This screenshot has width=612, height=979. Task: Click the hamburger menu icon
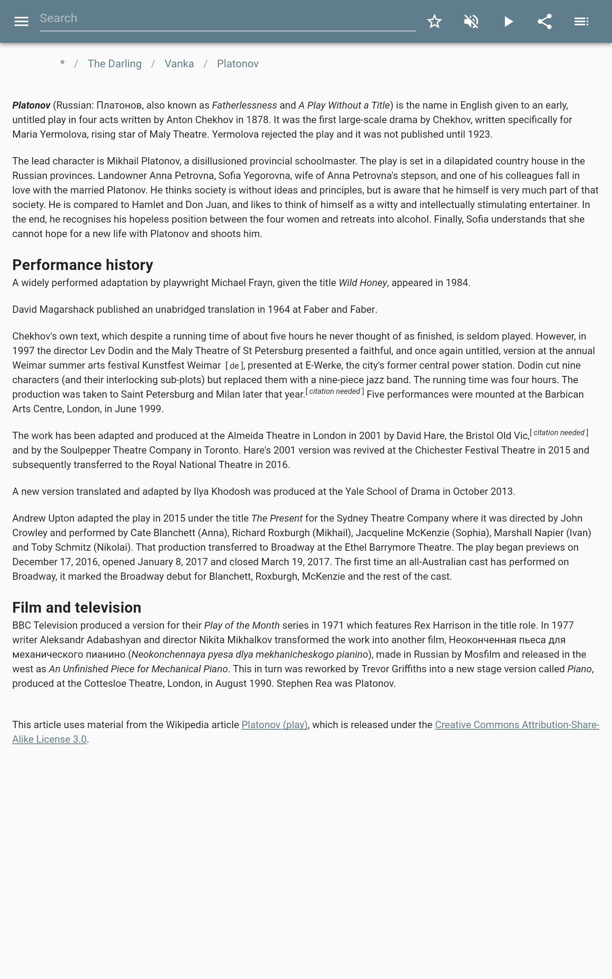pos(21,21)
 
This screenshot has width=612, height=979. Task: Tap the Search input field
pos(228,19)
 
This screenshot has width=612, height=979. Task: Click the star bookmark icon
pos(434,21)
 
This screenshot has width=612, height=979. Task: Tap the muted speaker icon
pos(471,21)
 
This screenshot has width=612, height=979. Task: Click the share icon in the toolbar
pos(545,21)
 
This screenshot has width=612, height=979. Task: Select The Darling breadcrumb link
pos(114,64)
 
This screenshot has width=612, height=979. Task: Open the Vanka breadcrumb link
pos(179,64)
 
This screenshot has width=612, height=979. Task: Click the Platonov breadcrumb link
pos(238,64)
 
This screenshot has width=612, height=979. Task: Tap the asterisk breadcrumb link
pos(62,63)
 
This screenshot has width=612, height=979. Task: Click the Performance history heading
pos(83,265)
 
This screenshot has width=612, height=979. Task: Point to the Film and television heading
pos(76,608)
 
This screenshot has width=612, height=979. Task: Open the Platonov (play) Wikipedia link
pos(274,725)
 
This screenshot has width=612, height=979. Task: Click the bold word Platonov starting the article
pos(31,106)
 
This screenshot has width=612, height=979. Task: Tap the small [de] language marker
pos(234,366)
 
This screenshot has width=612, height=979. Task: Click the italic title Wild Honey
pos(363,283)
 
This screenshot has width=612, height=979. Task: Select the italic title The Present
pos(277,519)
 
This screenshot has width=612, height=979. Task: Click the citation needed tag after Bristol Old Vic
pos(558,433)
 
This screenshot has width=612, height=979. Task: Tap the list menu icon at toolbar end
pos(581,21)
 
